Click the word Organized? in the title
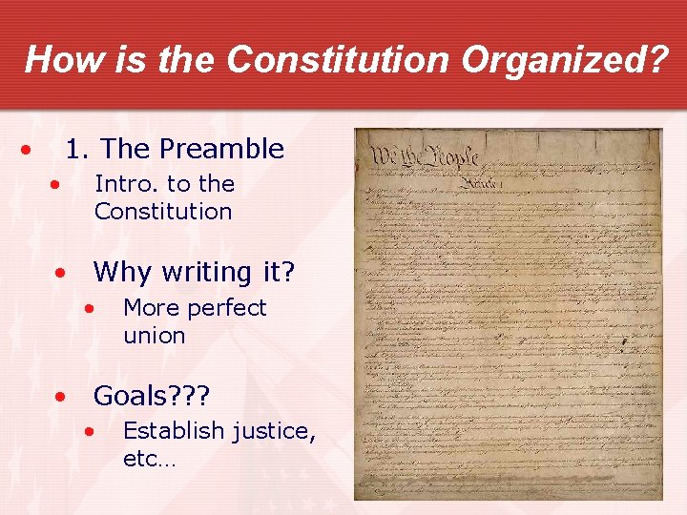pos(566,59)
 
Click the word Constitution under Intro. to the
pos(163,211)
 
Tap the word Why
pos(122,273)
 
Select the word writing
pos(207,273)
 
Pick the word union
pos(154,336)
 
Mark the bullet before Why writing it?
pos(60,274)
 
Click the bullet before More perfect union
pos(90,309)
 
